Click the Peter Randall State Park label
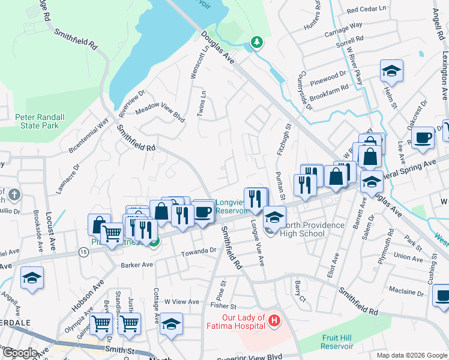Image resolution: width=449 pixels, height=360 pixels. pyautogui.click(x=37, y=121)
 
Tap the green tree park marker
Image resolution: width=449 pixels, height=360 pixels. pyautogui.click(x=257, y=42)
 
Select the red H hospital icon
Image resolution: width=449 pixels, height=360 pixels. pyautogui.click(x=274, y=321)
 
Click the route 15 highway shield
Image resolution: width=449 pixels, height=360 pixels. pyautogui.click(x=82, y=253)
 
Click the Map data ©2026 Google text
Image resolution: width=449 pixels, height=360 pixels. pyautogui.click(x=411, y=355)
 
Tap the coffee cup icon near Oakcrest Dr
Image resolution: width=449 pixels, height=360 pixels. pyautogui.click(x=422, y=137)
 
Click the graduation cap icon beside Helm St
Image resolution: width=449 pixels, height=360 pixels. pyautogui.click(x=391, y=71)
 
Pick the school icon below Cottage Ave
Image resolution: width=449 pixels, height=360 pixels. pyautogui.click(x=171, y=324)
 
